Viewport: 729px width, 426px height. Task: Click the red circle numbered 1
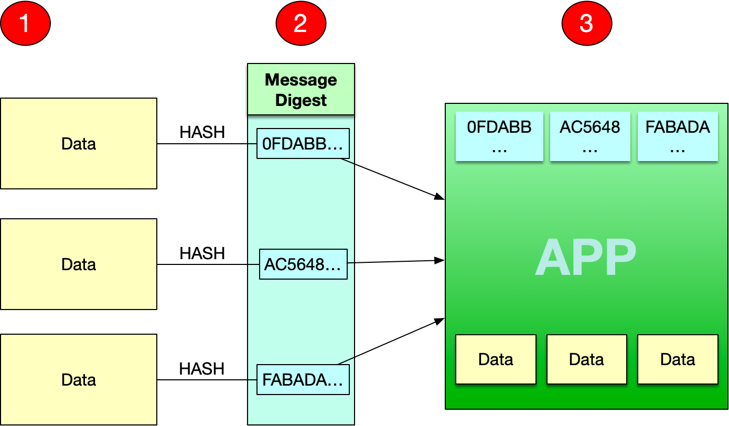[x=25, y=24]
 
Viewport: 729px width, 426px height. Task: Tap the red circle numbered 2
[x=301, y=24]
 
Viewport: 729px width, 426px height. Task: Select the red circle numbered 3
[x=586, y=24]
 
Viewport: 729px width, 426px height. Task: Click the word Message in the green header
[x=301, y=80]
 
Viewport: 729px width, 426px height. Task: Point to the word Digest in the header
[x=301, y=100]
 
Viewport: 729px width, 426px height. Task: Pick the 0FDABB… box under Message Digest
[x=303, y=143]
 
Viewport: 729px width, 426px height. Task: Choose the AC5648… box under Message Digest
[x=303, y=264]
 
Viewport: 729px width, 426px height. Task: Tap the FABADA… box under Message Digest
[x=303, y=379]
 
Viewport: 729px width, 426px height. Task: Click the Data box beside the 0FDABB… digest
[x=79, y=143]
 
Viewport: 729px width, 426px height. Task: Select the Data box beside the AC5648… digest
[x=79, y=264]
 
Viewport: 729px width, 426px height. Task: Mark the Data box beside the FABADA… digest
[x=79, y=379]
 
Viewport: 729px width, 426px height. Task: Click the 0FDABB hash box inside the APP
[x=499, y=136]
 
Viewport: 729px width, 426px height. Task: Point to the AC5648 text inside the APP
[x=590, y=127]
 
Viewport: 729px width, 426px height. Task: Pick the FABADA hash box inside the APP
[x=678, y=136]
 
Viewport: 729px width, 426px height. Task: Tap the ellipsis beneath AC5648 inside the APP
[x=590, y=149]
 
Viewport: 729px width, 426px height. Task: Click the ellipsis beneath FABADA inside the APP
[x=678, y=149]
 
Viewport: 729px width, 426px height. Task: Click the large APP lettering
[x=586, y=257]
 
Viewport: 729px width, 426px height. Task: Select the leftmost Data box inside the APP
[x=496, y=359]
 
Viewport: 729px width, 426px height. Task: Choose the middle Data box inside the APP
[x=586, y=359]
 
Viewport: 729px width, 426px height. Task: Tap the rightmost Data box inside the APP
[x=678, y=359]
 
